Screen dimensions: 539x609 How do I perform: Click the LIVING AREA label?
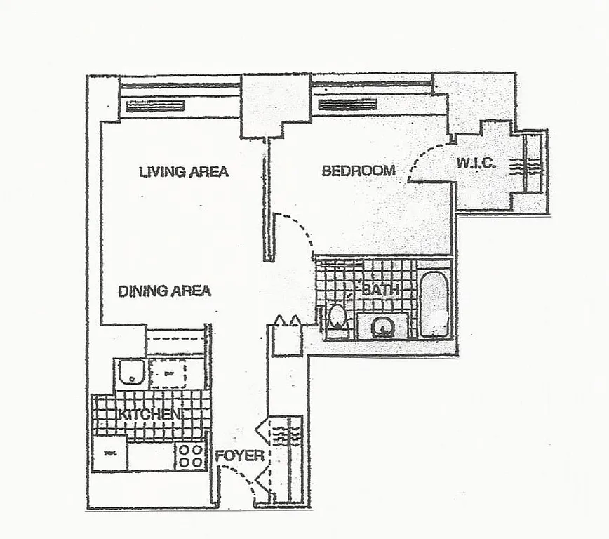184,171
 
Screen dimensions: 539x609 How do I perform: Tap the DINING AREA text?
164,291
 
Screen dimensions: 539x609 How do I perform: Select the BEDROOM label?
358,171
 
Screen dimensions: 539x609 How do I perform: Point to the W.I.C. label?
476,164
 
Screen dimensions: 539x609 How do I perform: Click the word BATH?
381,289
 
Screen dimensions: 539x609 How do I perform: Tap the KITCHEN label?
150,414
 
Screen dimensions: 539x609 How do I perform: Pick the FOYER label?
239,456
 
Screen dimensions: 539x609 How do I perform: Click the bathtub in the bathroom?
435,303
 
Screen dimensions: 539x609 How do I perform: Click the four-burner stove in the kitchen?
190,455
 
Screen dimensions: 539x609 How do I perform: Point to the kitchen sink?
130,373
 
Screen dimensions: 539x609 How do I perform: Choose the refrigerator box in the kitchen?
109,453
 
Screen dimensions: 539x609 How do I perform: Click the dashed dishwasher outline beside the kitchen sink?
168,373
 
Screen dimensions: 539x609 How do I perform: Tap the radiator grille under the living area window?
156,106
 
